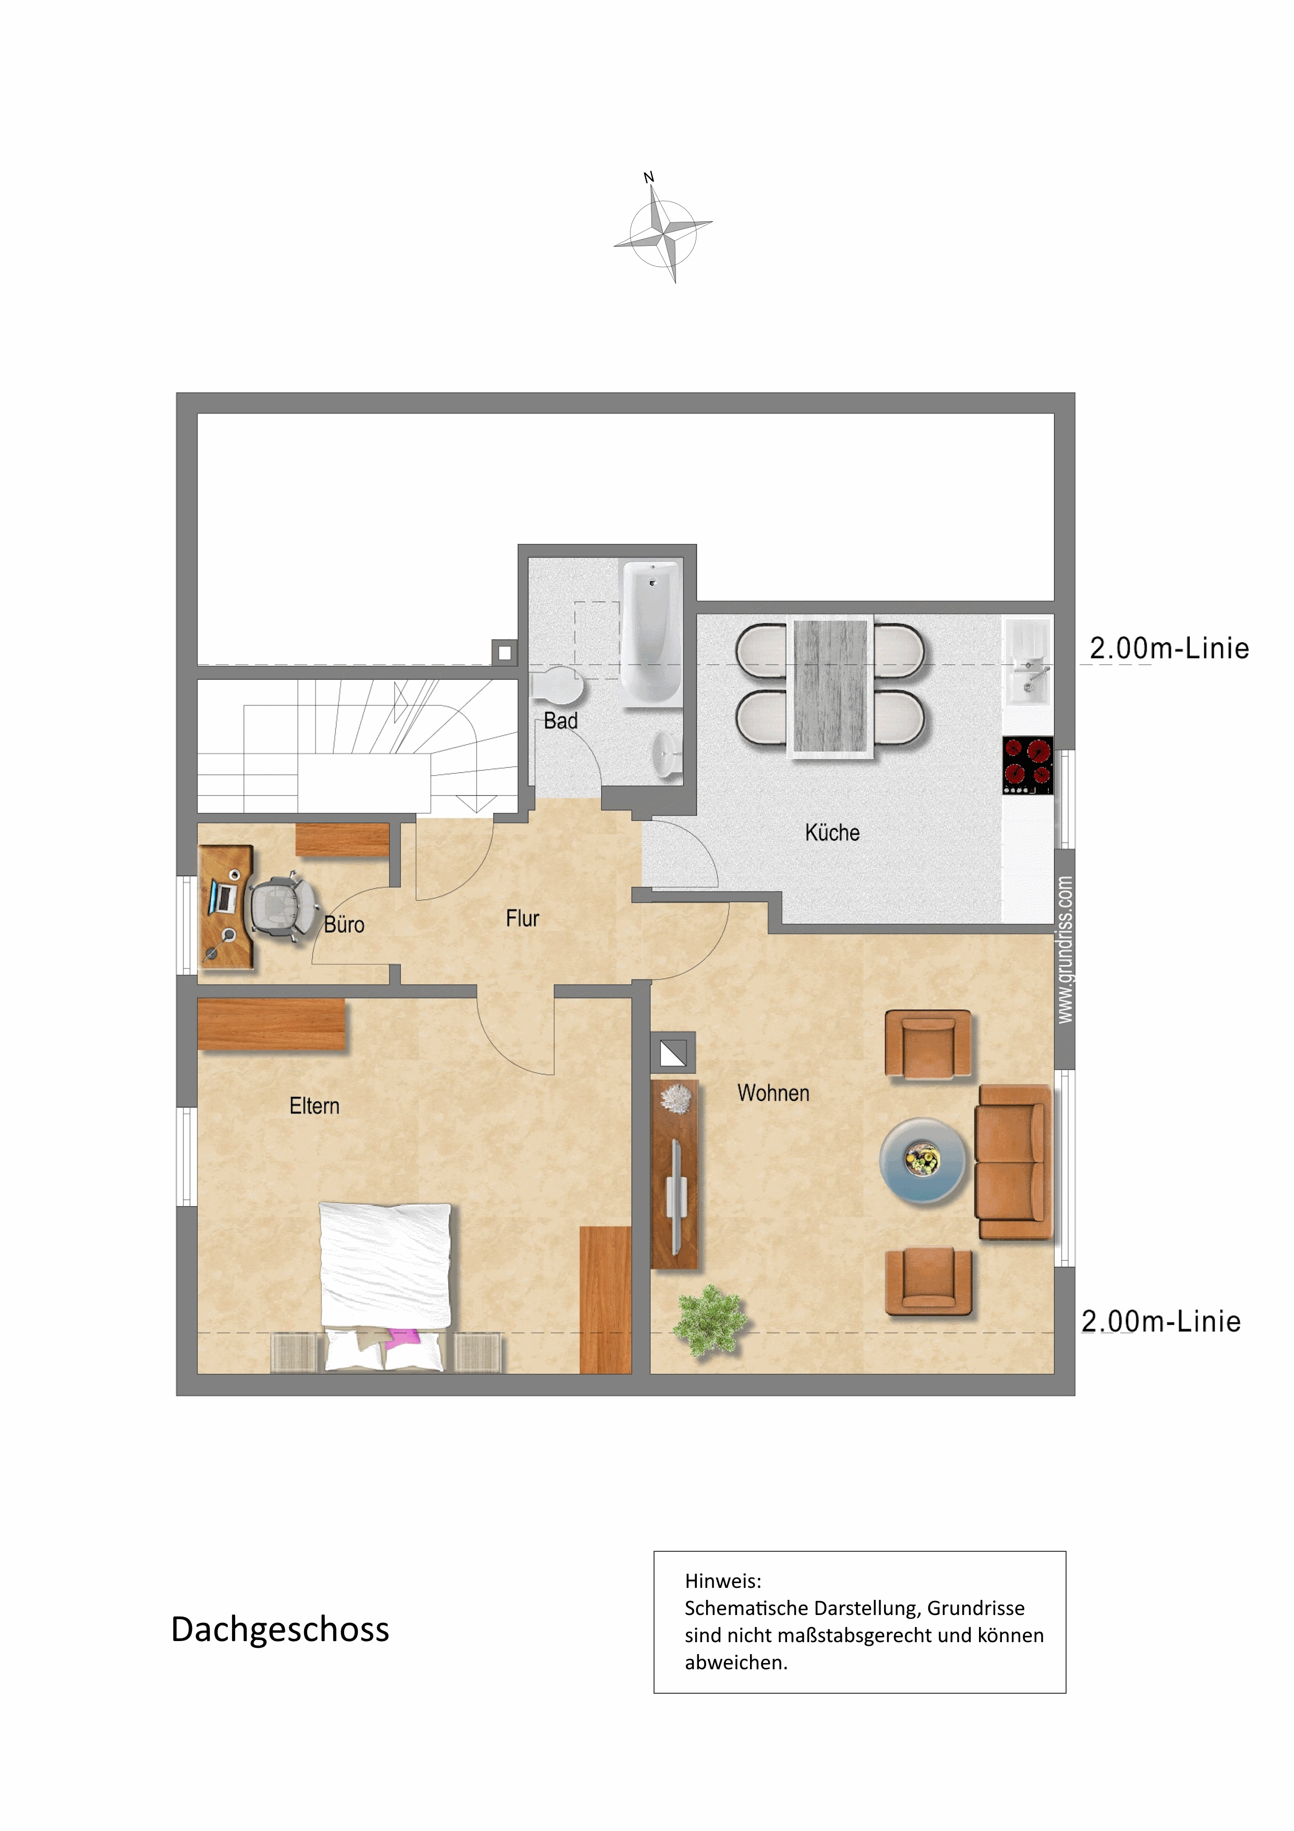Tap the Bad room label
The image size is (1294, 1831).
pyautogui.click(x=561, y=721)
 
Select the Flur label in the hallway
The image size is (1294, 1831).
pyautogui.click(x=522, y=919)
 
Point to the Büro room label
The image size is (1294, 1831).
pyautogui.click(x=344, y=925)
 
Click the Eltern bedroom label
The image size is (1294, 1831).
pyautogui.click(x=314, y=1106)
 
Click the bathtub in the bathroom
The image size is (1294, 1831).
pyautogui.click(x=651, y=634)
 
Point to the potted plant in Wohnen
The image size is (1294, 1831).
pyautogui.click(x=709, y=1321)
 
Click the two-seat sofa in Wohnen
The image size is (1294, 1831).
pyautogui.click(x=1014, y=1162)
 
